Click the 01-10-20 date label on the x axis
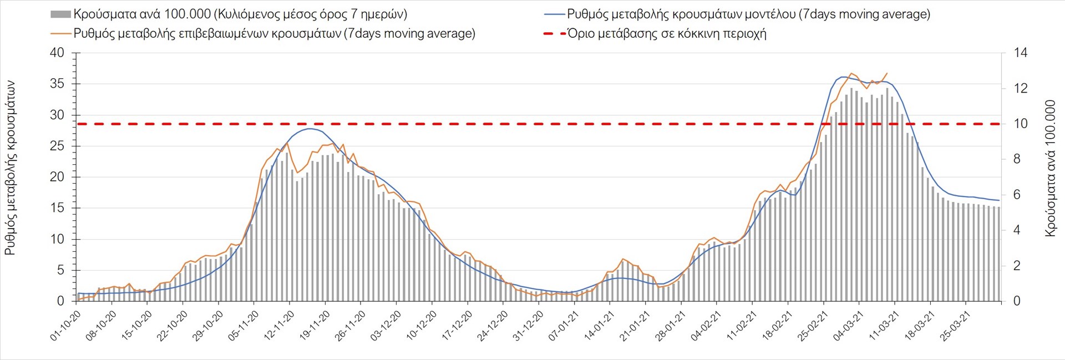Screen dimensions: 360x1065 (66, 326)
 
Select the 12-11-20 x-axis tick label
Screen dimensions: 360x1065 (280, 326)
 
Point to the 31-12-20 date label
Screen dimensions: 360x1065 (529, 326)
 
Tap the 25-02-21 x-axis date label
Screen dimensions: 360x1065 (813, 326)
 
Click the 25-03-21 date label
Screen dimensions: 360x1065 (955, 326)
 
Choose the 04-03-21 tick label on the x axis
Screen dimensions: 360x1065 (849, 326)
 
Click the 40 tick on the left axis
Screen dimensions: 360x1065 (57, 53)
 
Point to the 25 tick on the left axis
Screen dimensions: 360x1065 (57, 146)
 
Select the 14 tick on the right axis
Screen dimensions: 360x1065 (1021, 53)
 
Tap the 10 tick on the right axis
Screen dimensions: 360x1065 (1021, 124)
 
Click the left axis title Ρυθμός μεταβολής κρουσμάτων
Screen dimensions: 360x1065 (10, 168)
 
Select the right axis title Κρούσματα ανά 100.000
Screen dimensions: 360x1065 (1050, 168)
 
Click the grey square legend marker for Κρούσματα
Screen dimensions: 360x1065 (60, 14)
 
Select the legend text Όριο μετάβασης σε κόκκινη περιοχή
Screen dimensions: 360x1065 (667, 34)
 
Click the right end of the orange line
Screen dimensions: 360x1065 (887, 73)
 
